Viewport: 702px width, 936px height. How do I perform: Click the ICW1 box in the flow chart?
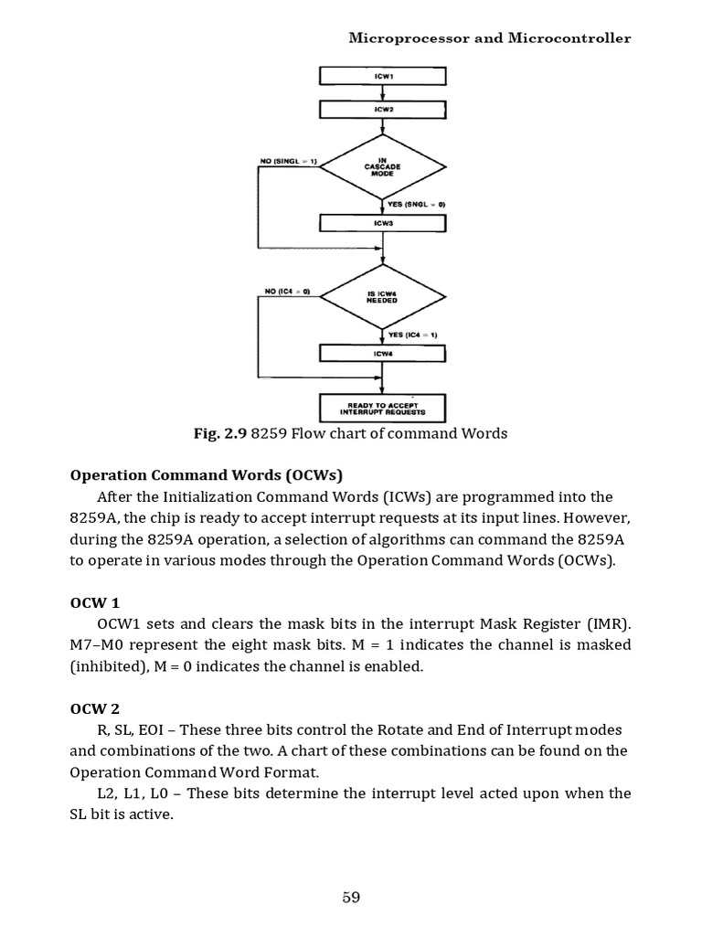(x=382, y=76)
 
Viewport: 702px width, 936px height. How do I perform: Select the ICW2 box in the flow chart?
(x=382, y=110)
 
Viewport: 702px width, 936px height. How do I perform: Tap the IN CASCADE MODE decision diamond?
(x=382, y=166)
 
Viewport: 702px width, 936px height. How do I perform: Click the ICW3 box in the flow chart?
(x=382, y=223)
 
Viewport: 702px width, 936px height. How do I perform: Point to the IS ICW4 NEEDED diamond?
(x=382, y=294)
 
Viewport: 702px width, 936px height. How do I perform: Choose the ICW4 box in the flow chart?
(x=382, y=352)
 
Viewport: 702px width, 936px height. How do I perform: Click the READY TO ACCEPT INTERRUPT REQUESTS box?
(x=382, y=407)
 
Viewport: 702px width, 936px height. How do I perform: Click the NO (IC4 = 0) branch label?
(x=287, y=291)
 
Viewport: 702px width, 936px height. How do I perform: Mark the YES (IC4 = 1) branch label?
(x=413, y=335)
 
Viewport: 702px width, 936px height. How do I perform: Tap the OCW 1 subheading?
(x=95, y=603)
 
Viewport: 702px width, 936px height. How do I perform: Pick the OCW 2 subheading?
(x=95, y=708)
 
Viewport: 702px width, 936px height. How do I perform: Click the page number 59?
(x=351, y=897)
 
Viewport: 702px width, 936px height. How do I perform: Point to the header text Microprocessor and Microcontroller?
(x=490, y=38)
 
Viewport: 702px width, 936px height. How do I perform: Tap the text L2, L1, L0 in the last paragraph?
(x=129, y=792)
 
